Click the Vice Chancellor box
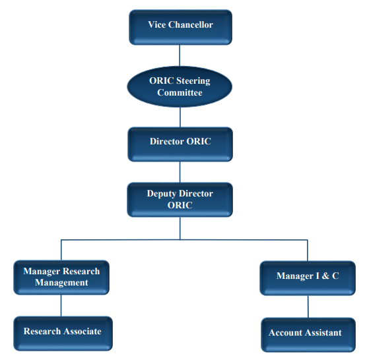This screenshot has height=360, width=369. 180,26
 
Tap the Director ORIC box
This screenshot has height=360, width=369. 180,143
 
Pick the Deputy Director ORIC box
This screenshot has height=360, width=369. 180,199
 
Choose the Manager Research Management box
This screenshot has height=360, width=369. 61,277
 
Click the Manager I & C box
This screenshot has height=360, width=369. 308,277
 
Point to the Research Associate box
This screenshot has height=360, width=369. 63,332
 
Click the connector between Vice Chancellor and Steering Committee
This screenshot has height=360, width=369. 180,55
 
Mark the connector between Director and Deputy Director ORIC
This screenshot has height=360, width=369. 180,171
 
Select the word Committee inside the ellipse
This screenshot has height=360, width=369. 180,93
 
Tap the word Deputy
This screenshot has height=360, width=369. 162,194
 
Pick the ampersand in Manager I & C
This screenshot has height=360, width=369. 323,276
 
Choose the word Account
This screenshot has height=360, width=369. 284,333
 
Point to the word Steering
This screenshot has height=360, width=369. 193,81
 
